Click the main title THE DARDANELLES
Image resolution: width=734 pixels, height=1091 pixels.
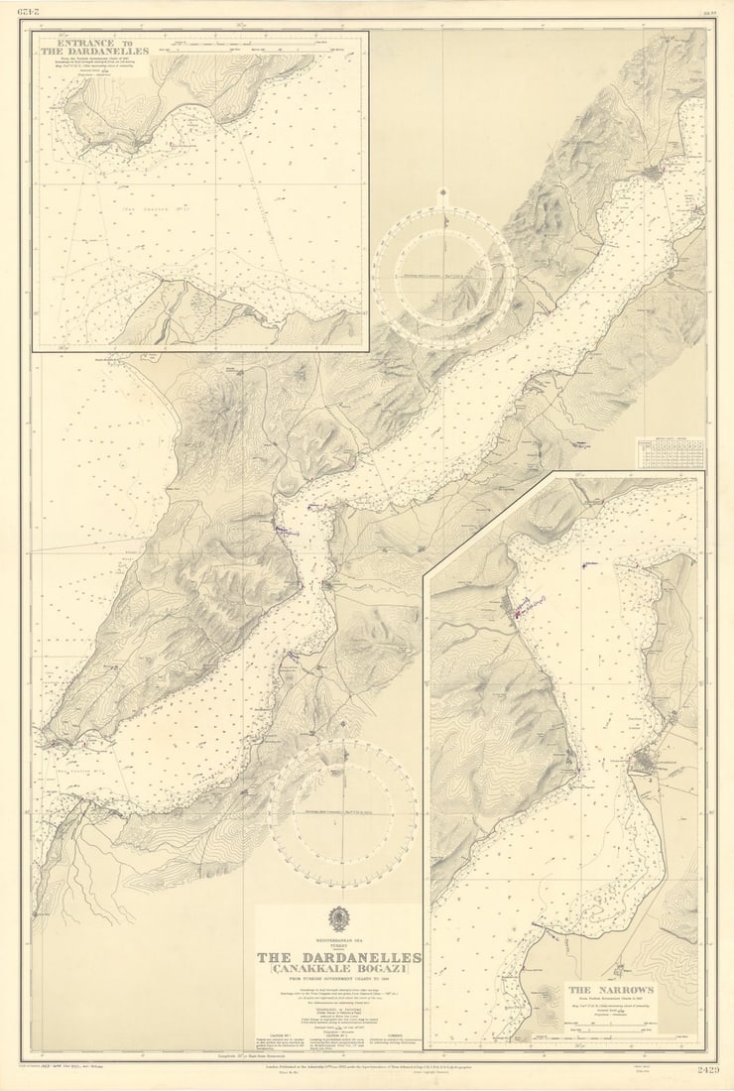[x=339, y=957]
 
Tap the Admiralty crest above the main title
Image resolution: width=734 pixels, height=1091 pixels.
[x=339, y=917]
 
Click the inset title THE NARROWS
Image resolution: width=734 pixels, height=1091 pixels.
[x=610, y=989]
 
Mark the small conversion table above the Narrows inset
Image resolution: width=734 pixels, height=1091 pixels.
[x=672, y=453]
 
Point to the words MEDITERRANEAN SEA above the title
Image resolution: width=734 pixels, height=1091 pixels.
[x=339, y=937]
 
